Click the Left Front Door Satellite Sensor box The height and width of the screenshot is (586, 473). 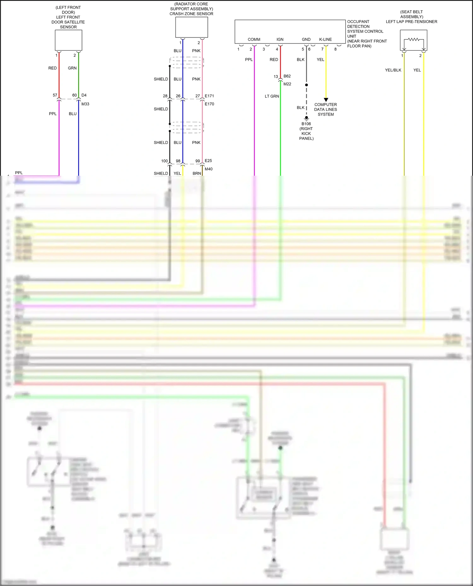68,40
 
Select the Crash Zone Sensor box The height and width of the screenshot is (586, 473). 191,27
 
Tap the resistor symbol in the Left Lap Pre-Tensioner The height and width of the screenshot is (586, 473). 413,40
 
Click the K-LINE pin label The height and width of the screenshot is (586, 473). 325,39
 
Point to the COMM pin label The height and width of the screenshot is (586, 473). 254,39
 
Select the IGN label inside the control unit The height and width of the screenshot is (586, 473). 280,39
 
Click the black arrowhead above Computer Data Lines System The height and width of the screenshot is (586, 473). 326,100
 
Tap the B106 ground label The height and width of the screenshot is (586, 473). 306,124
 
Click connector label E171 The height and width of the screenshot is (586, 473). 209,96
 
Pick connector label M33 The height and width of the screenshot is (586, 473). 85,104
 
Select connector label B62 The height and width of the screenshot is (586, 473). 287,76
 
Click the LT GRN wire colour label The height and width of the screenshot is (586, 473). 272,96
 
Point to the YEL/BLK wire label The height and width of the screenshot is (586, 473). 393,70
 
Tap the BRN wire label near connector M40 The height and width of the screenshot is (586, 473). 197,174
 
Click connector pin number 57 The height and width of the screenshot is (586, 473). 55,95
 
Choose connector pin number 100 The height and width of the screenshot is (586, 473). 165,161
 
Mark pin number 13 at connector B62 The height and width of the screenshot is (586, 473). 276,77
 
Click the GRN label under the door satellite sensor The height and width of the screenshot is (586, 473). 72,68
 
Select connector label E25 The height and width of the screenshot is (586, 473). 208,161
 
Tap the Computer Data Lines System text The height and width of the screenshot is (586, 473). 325,109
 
